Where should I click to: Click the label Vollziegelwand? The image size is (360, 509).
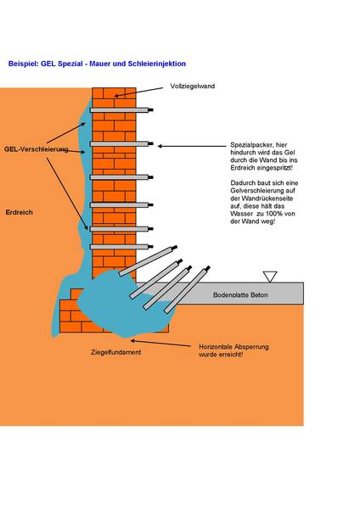click(193, 86)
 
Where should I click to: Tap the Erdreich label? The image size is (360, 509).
click(20, 212)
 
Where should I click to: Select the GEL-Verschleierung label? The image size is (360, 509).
click(36, 149)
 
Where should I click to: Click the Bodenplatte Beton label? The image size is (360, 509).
click(240, 295)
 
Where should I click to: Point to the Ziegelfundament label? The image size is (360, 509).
click(116, 352)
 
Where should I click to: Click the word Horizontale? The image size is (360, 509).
click(213, 347)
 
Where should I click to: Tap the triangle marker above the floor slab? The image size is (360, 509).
click(270, 277)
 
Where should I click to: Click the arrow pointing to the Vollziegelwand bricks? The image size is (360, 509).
click(138, 92)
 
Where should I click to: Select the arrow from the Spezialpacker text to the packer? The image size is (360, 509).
click(192, 146)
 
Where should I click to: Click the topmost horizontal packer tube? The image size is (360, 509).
click(119, 110)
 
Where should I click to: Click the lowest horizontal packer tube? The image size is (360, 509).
click(119, 247)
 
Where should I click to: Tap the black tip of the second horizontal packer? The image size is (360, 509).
click(150, 143)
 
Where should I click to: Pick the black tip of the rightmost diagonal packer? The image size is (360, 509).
click(207, 268)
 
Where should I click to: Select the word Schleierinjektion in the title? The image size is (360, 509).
click(157, 64)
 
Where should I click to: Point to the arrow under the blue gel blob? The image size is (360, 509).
click(160, 344)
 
